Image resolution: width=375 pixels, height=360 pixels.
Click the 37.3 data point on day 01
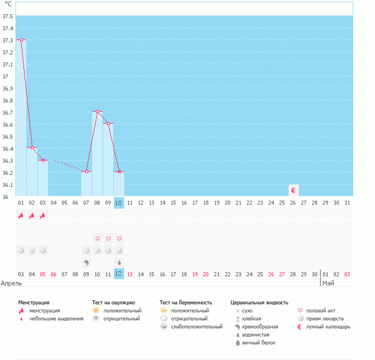21,40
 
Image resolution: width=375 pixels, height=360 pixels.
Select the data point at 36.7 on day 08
97,112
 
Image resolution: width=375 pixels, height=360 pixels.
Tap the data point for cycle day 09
108,124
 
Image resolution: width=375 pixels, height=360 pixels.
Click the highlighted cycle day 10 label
119,202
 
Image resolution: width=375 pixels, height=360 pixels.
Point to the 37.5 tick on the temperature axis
8,16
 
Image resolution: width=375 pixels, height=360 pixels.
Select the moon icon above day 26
294,190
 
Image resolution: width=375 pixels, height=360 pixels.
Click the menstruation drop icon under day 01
21,216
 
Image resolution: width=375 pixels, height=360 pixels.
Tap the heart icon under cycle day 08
97,238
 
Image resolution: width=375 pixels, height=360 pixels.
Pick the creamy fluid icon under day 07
86,262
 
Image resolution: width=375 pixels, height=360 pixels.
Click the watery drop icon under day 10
119,263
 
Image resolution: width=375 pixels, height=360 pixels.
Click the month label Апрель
11,283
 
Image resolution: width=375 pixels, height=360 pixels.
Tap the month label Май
328,283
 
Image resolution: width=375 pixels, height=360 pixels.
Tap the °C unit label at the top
8,4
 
